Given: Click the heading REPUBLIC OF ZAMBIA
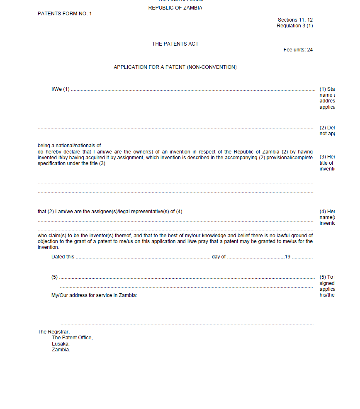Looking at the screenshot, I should click(175, 8).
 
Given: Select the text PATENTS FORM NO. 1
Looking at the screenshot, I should click(65, 14).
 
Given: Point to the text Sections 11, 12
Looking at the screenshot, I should click(295, 20).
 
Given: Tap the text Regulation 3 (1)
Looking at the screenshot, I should click(294, 26).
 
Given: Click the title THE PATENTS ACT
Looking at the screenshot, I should click(175, 44).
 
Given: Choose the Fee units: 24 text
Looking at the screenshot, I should click(298, 50).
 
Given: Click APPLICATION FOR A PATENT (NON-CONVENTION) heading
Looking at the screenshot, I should click(175, 67).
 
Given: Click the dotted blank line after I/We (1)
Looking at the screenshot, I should click(193, 90).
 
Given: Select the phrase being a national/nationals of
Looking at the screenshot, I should click(69, 146).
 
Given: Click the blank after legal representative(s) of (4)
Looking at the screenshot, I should click(248, 212).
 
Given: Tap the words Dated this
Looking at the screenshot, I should click(63, 257).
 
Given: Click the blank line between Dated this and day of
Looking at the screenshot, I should click(143, 258).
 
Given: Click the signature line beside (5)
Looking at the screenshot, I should click(187, 278).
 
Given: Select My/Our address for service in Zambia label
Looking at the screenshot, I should click(94, 295).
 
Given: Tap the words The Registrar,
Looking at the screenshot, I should click(54, 332).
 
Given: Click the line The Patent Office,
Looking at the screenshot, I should click(72, 338).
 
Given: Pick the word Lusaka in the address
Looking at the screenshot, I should click(60, 344).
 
